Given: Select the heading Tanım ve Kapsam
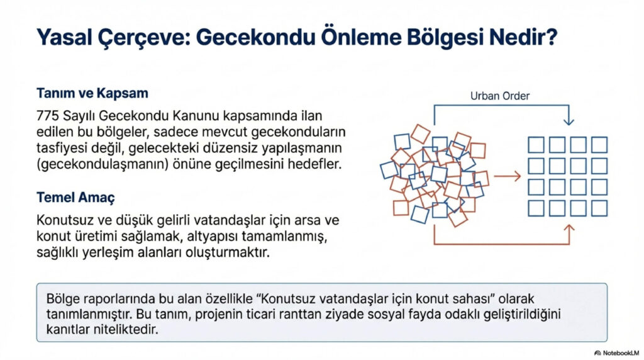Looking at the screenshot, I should click(92, 94).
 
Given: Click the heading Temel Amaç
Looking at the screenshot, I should click(75, 198).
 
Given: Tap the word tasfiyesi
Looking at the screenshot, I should click(64, 150).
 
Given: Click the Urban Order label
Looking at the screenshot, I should click(501, 96).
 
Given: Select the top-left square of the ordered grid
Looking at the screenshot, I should click(536, 145).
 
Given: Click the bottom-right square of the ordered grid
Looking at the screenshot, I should click(599, 208).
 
